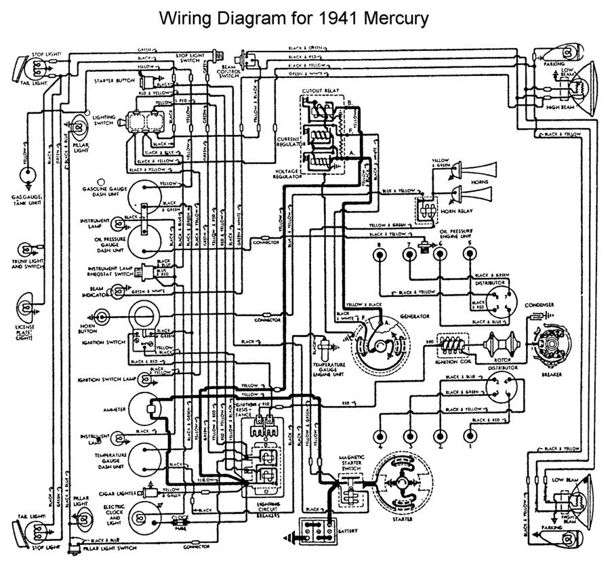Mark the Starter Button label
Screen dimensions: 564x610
(115, 80)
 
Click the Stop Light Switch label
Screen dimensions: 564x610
(192, 58)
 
